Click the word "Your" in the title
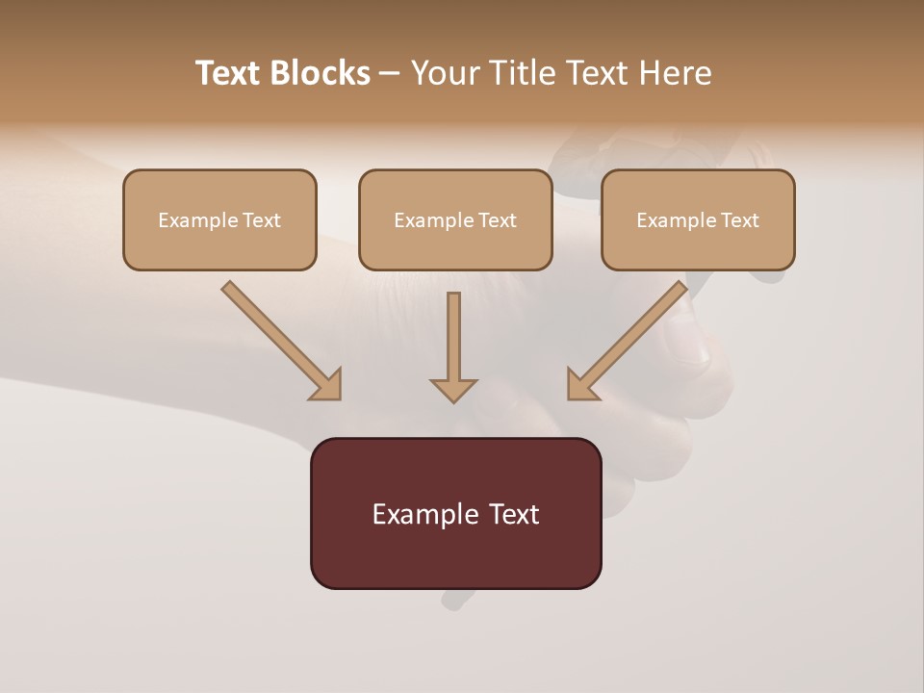444,73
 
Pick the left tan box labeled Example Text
219,219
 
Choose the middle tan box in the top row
455,219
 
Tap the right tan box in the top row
698,219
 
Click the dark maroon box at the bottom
455,513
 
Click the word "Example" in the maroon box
415,514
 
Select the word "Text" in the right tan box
740,220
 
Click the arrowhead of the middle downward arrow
453,389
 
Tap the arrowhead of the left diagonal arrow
327,385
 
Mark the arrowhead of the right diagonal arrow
581,385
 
